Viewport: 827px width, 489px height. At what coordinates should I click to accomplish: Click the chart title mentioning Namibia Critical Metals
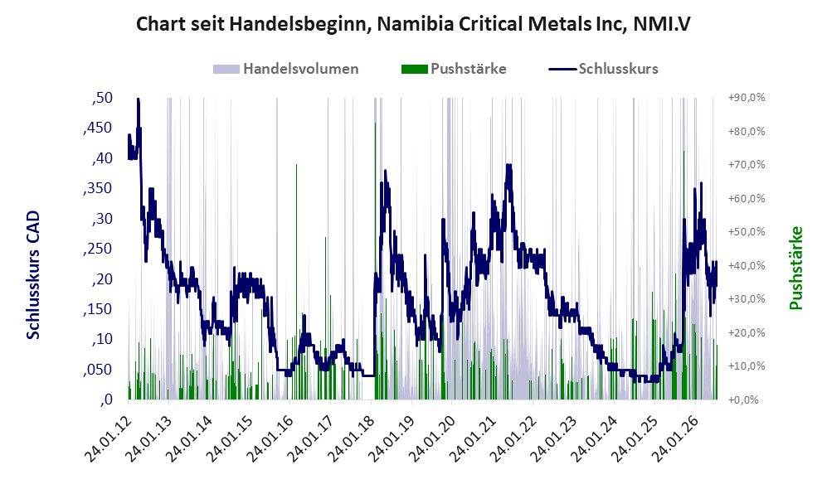[x=413, y=24]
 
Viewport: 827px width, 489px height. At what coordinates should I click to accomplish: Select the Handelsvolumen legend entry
[x=286, y=69]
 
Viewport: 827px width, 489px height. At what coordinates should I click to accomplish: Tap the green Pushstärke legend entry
[x=454, y=69]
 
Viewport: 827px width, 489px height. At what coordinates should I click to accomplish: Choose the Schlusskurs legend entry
[x=603, y=69]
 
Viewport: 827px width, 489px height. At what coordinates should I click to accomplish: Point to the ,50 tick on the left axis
[x=102, y=98]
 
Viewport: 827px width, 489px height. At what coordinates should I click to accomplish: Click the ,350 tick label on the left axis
[x=98, y=189]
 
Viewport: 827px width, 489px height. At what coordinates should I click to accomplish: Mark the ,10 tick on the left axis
[x=102, y=339]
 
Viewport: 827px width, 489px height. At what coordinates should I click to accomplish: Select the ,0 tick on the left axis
[x=106, y=399]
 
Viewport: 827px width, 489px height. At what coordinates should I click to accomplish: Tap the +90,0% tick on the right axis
[x=747, y=98]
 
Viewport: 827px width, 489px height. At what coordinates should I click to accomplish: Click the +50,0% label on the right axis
[x=747, y=232]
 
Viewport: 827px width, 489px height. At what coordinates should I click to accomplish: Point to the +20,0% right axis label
[x=747, y=332]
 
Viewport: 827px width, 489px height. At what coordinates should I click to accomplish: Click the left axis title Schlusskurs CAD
[x=33, y=274]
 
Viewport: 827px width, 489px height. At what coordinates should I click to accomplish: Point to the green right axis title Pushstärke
[x=796, y=268]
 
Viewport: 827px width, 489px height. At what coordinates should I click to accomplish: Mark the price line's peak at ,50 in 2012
[x=139, y=99]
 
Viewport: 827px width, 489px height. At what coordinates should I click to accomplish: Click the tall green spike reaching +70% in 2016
[x=296, y=282]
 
